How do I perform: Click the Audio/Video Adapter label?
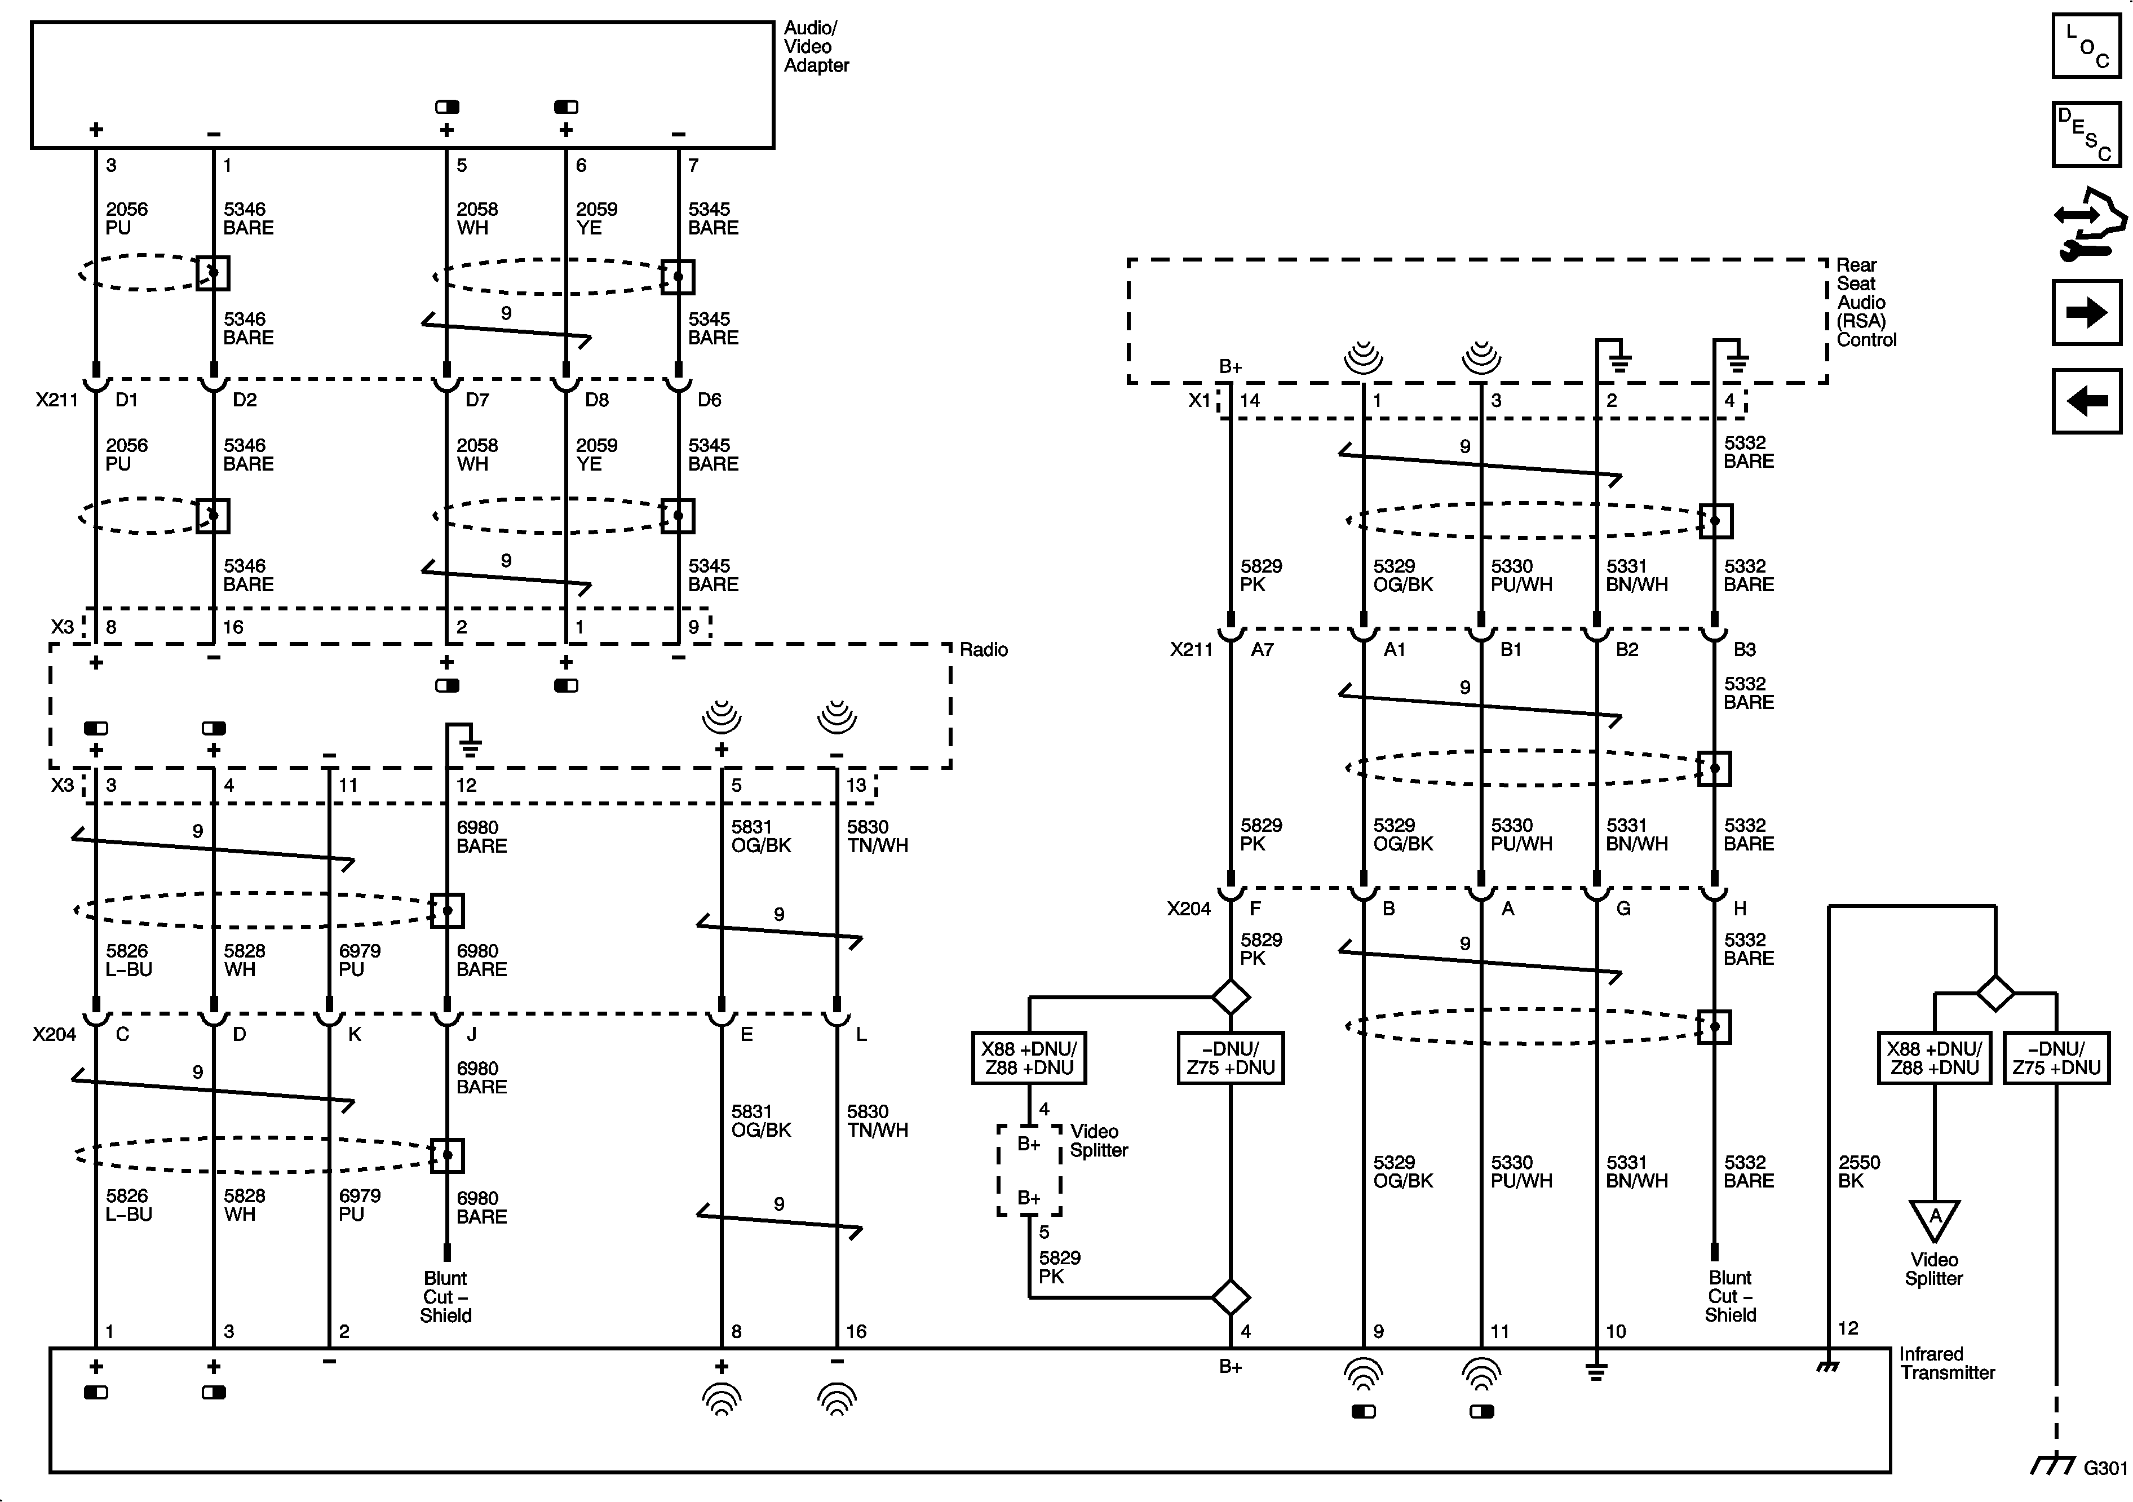coord(816,46)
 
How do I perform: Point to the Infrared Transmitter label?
coord(1947,1363)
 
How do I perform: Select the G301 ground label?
coord(2105,1468)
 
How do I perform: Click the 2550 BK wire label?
coord(1859,1171)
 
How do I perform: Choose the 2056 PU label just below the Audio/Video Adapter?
coord(126,218)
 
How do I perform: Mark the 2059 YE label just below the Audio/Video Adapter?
coord(596,218)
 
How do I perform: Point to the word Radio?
coord(984,649)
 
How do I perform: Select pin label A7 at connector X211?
coord(1262,649)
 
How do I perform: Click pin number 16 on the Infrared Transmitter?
coord(856,1331)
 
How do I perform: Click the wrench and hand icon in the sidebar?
coord(2088,223)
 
